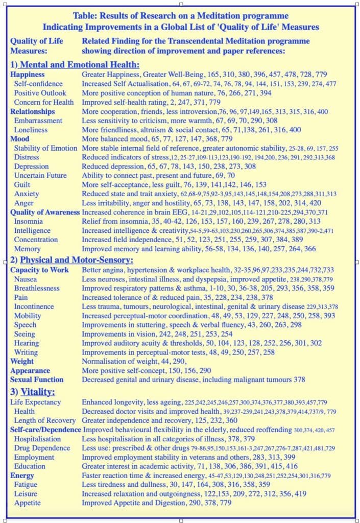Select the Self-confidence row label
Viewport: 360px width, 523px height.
coord(39,83)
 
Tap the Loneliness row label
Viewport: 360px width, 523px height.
coord(31,130)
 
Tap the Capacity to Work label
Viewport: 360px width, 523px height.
coord(39,270)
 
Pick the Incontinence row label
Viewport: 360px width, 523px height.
coord(34,306)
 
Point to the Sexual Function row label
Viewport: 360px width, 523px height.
coord(37,379)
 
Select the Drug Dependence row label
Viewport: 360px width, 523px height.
coord(42,448)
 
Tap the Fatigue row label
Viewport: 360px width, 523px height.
coord(26,484)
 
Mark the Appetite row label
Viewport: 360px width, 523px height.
coord(27,503)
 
